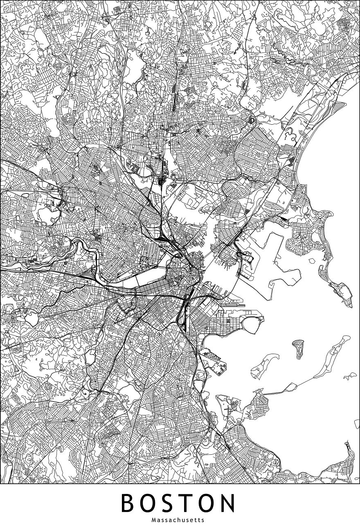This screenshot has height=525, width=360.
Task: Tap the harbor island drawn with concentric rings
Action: pos(298,347)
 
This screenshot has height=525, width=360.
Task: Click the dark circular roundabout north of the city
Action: pos(252,120)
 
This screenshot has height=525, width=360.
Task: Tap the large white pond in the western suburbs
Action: pos(46,213)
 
